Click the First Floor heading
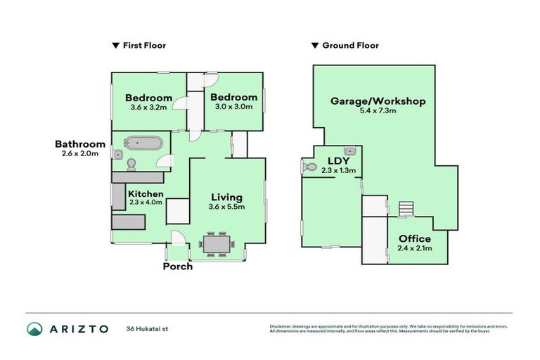[144, 46]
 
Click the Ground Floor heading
[349, 46]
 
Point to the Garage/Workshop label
[378, 101]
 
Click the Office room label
[414, 239]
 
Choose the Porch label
[177, 266]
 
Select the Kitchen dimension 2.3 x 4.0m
[146, 202]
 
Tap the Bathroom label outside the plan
[80, 144]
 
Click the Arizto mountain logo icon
[34, 328]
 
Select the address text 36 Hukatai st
[148, 328]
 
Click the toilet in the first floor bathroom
[131, 164]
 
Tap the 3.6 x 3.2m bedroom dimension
[148, 108]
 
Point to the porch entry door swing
[179, 238]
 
